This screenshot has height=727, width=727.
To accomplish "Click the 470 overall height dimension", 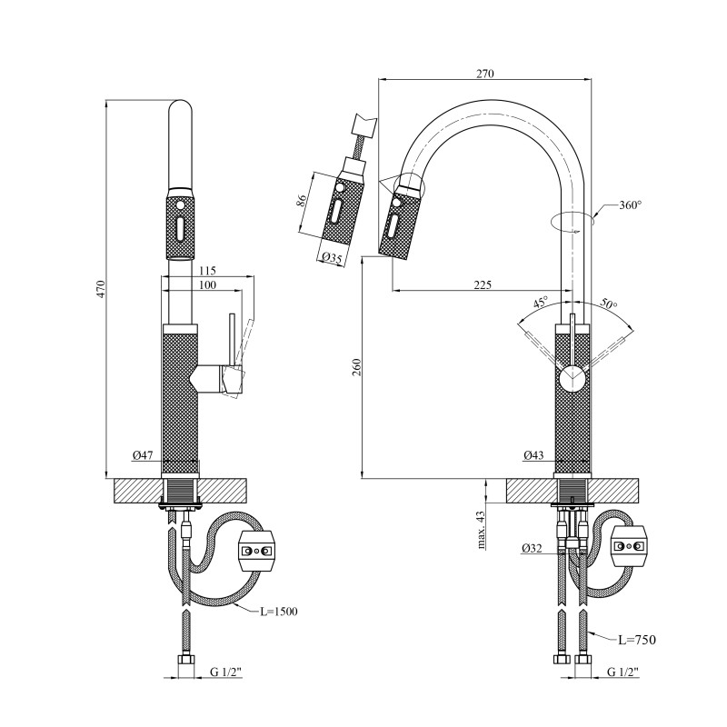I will [102, 289].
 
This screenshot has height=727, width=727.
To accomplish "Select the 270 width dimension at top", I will [485, 74].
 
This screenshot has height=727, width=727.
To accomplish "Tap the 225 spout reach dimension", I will [482, 284].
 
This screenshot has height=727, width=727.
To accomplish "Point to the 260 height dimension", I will [357, 367].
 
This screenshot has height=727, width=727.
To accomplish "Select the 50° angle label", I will [608, 305].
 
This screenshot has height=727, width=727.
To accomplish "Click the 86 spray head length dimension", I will [302, 202].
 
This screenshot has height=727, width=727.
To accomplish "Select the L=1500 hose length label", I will [279, 611].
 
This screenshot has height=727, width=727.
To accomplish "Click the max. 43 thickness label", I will [482, 529].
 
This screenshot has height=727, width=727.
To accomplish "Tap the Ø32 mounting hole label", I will [533, 548].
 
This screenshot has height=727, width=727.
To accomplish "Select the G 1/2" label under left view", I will [227, 673].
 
